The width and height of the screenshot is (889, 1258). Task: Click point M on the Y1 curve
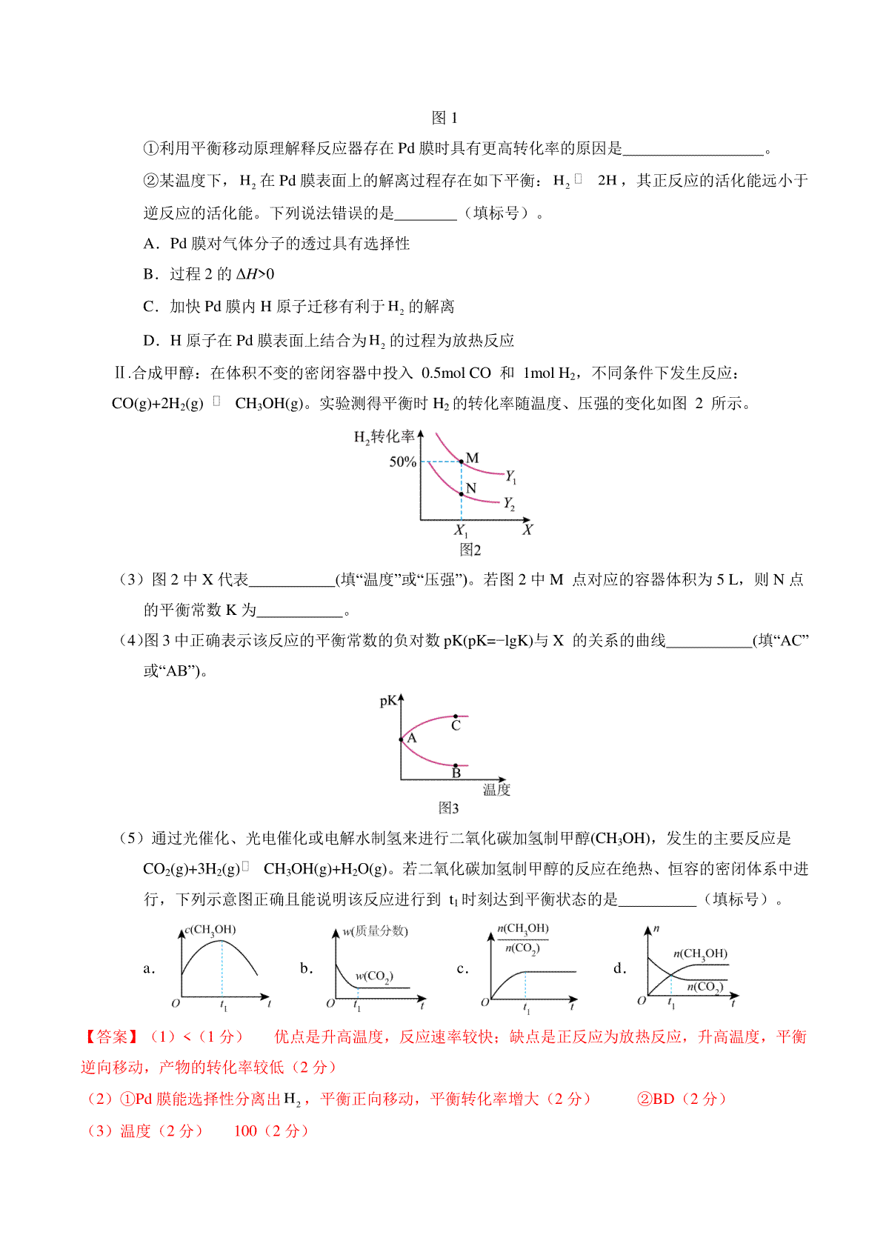coord(462,462)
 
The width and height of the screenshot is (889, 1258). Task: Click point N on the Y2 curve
coord(462,493)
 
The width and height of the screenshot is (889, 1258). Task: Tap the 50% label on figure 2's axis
coord(402,462)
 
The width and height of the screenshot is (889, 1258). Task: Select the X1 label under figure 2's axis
coord(461,530)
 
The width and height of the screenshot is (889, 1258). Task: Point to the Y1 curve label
coord(510,476)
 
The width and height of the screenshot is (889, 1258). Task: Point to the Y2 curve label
coord(509,504)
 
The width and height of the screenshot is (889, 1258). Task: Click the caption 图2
coord(470,549)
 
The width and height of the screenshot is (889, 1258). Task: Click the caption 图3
coord(448,808)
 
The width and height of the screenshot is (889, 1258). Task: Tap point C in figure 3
coord(456,716)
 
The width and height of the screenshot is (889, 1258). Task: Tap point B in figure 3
coord(456,765)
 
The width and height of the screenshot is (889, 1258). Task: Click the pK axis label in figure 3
coord(387,700)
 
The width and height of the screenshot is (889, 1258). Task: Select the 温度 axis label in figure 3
coord(496,789)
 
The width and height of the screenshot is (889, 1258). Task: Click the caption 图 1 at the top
coord(444,118)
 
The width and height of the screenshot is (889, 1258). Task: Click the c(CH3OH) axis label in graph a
coord(210,930)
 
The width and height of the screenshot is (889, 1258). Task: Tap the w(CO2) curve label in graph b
coord(374,976)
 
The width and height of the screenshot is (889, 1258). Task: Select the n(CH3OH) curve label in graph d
coord(700,954)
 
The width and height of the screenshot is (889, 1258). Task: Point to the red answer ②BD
coord(656,1099)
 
